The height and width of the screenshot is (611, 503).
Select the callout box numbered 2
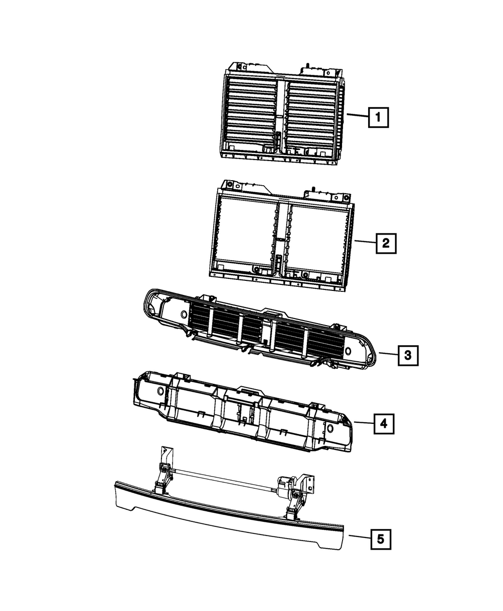385,244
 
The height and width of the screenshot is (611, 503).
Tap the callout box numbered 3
407,356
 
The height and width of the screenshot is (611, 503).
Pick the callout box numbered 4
383,424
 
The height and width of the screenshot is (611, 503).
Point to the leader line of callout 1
357,116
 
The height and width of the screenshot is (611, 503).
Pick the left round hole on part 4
160,391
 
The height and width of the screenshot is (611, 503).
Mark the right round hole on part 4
330,428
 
